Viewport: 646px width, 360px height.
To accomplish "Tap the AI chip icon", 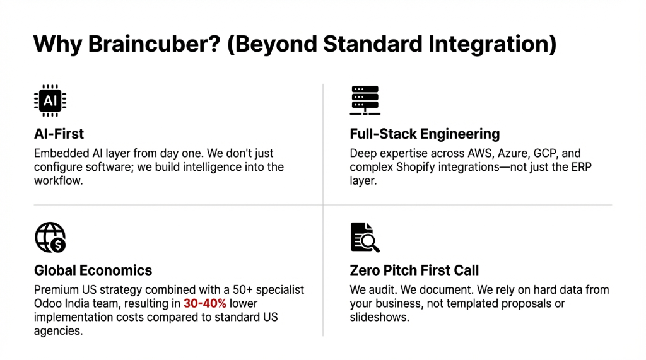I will (49, 101).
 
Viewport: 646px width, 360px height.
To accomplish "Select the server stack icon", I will (365, 101).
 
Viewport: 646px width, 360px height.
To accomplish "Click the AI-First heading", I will (59, 134).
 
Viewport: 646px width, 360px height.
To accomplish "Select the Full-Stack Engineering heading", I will (425, 134).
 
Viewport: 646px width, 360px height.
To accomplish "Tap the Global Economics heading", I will (93, 270).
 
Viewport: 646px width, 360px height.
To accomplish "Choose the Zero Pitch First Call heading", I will (414, 270).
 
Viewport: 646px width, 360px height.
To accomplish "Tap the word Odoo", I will (49, 303).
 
